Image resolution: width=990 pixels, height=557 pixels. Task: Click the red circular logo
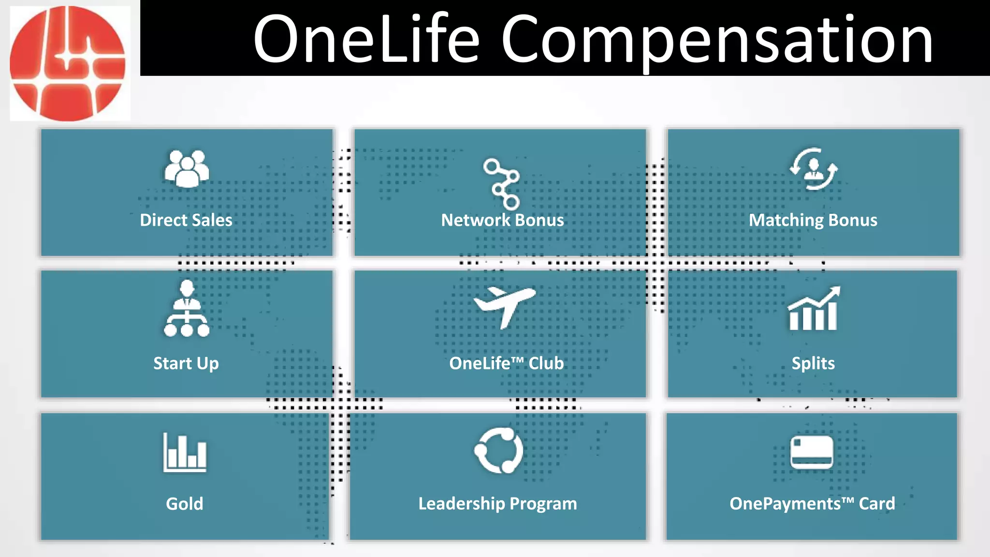pyautogui.click(x=68, y=63)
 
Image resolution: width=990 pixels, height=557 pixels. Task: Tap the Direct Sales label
pyautogui.click(x=186, y=220)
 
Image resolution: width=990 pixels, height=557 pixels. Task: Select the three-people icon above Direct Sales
pyautogui.click(x=187, y=168)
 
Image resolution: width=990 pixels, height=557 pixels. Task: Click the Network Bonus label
pyautogui.click(x=502, y=220)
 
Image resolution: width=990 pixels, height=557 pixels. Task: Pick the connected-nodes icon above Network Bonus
pyautogui.click(x=502, y=183)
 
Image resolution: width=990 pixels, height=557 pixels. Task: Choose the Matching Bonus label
pyautogui.click(x=813, y=220)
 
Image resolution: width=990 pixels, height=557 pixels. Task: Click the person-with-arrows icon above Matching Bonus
pyautogui.click(x=814, y=169)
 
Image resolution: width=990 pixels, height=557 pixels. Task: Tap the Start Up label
pyautogui.click(x=186, y=363)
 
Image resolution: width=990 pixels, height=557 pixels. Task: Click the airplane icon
pyautogui.click(x=505, y=307)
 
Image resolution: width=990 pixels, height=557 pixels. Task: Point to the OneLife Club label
pyautogui.click(x=506, y=363)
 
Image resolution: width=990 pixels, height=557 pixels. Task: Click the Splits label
pyautogui.click(x=813, y=363)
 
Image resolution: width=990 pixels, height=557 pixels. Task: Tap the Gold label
pyautogui.click(x=185, y=504)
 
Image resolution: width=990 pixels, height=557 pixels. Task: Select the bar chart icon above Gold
pyautogui.click(x=185, y=453)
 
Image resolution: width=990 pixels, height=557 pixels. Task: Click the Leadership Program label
pyautogui.click(x=497, y=504)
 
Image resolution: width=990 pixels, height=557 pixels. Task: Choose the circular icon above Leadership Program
pyautogui.click(x=499, y=451)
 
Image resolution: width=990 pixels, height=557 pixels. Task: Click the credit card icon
pyautogui.click(x=812, y=452)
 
